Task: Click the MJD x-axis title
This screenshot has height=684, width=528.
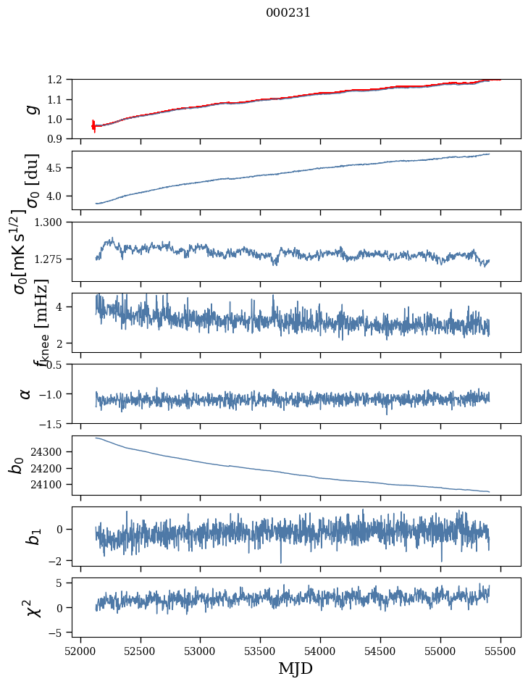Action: (x=296, y=668)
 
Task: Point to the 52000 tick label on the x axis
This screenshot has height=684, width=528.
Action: (x=80, y=650)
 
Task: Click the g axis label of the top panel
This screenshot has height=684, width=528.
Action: (x=30, y=109)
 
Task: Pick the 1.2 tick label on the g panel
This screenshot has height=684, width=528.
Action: (x=60, y=80)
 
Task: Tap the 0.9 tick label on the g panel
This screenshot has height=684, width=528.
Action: (x=60, y=138)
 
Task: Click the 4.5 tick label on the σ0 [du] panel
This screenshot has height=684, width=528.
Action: (x=60, y=168)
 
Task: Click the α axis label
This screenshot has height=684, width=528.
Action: (x=26, y=393)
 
